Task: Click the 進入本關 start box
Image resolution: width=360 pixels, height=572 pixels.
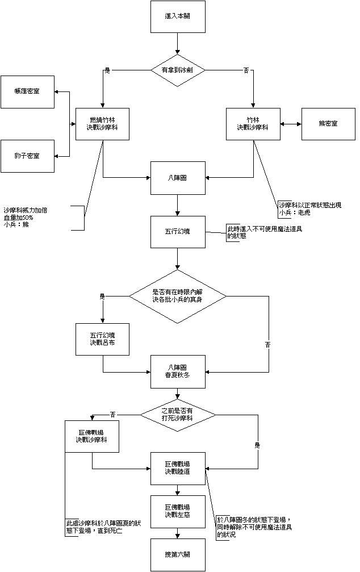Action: pyautogui.click(x=178, y=16)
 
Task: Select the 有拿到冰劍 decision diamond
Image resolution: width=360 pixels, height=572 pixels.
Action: pyautogui.click(x=178, y=70)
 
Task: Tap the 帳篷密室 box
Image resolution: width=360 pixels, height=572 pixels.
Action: pyautogui.click(x=28, y=91)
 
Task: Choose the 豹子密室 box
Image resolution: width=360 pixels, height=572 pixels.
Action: pyautogui.click(x=28, y=156)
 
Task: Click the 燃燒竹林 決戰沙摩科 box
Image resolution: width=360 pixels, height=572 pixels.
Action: pyautogui.click(x=103, y=123)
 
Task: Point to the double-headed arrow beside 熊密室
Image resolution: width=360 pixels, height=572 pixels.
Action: pyautogui.click(x=291, y=123)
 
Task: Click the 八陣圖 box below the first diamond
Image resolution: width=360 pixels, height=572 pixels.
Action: pyautogui.click(x=178, y=178)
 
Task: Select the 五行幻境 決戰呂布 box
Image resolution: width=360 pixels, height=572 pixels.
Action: pyautogui.click(x=103, y=339)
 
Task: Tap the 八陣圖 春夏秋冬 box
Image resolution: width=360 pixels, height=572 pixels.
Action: pyautogui.click(x=178, y=371)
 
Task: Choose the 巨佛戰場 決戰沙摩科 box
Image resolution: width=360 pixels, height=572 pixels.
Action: pyautogui.click(x=92, y=436)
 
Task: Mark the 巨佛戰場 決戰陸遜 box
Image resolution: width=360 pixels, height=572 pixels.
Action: pyautogui.click(x=178, y=468)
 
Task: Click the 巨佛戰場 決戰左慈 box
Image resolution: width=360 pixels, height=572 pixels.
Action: pyautogui.click(x=178, y=511)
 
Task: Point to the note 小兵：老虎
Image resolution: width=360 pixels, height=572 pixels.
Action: pyautogui.click(x=295, y=212)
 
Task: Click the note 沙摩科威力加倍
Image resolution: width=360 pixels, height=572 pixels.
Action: pyautogui.click(x=26, y=210)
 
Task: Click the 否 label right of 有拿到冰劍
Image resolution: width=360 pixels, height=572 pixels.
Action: pyautogui.click(x=246, y=70)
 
